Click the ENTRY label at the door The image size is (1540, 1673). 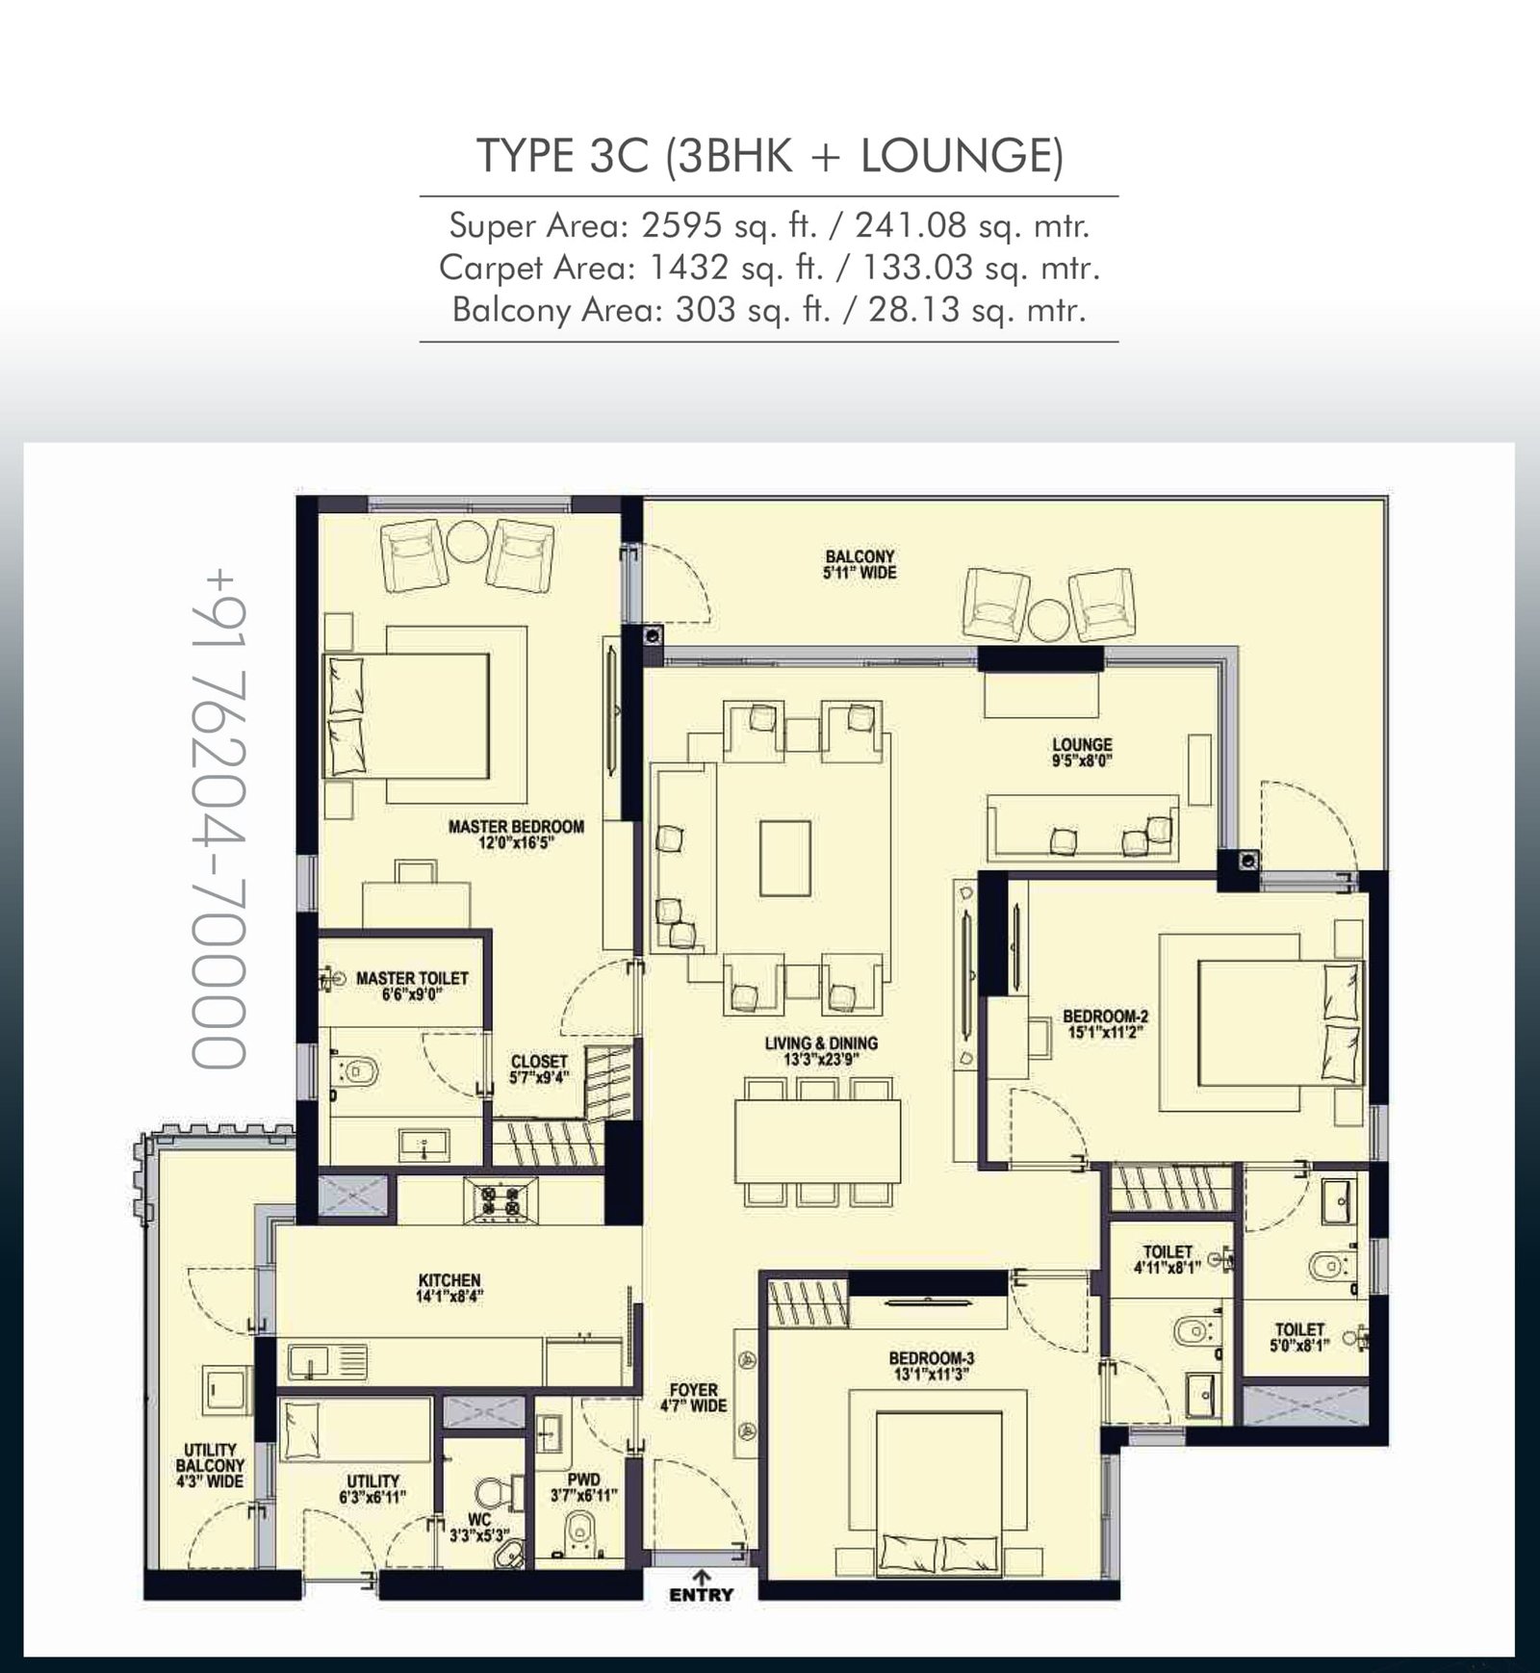coord(701,1594)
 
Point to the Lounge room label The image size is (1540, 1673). coord(1082,752)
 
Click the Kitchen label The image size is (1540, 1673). coord(449,1288)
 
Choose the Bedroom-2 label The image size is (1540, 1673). coord(1105,1023)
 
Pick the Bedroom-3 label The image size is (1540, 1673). coord(931,1367)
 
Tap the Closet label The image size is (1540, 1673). coord(539,1069)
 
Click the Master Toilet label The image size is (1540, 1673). coord(412,986)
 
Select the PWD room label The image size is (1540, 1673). coord(583,1488)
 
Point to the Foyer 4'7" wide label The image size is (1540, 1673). coord(693,1398)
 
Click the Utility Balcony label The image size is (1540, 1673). coord(210,1466)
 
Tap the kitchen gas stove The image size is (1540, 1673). coord(500,1200)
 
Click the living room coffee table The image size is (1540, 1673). coord(785,858)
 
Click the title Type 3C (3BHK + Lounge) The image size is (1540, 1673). coord(770,156)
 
